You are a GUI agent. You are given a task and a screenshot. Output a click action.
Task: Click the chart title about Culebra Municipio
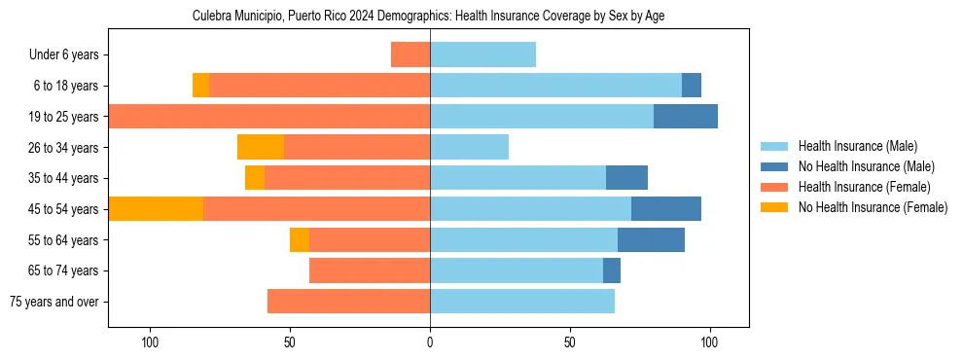(x=428, y=17)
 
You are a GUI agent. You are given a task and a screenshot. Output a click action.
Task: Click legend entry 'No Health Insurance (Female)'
(x=872, y=207)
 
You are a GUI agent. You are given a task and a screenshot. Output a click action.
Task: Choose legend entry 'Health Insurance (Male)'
(x=857, y=146)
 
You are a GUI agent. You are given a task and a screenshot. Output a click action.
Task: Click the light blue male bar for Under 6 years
(x=482, y=54)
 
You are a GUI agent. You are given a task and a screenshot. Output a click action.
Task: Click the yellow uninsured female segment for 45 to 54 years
(x=156, y=209)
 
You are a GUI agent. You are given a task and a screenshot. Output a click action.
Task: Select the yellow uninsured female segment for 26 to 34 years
(x=261, y=147)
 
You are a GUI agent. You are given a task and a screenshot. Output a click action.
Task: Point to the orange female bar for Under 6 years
(x=410, y=54)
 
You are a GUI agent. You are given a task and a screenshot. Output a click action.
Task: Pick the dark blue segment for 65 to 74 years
(x=612, y=270)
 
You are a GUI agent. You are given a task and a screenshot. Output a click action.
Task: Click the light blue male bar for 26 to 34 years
(x=469, y=147)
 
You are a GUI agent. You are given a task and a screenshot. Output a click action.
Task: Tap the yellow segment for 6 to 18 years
(x=200, y=86)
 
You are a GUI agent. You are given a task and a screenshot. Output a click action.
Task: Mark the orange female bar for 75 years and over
(x=348, y=302)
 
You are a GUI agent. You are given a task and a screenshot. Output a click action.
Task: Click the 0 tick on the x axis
(x=430, y=342)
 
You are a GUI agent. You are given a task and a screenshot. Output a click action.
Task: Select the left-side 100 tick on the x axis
(x=150, y=342)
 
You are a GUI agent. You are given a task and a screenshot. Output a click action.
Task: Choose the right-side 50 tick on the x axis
(x=570, y=342)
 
